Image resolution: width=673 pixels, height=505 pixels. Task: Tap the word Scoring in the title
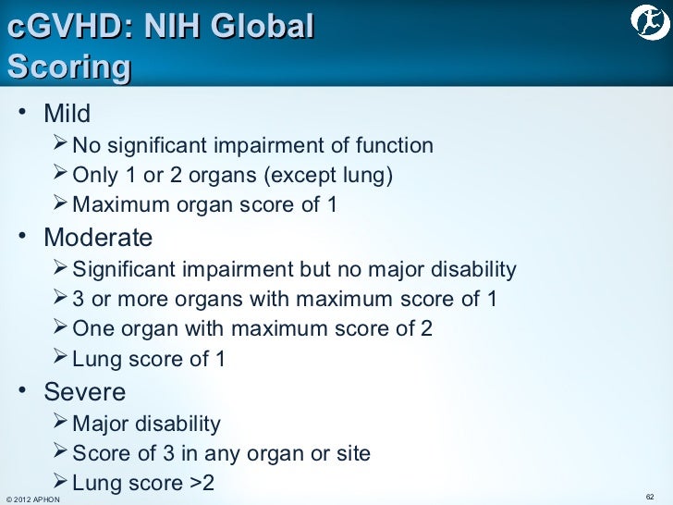pyautogui.click(x=68, y=67)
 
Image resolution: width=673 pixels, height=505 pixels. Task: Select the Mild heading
pyautogui.click(x=67, y=114)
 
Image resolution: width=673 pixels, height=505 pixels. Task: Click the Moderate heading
pyautogui.click(x=98, y=238)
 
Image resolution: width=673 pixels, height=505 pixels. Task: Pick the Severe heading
pyautogui.click(x=85, y=391)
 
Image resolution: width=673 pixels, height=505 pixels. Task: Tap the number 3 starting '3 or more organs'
pyautogui.click(x=78, y=299)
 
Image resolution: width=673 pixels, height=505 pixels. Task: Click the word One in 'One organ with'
pyautogui.click(x=91, y=328)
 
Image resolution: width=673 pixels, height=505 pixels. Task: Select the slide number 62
pyautogui.click(x=650, y=498)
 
